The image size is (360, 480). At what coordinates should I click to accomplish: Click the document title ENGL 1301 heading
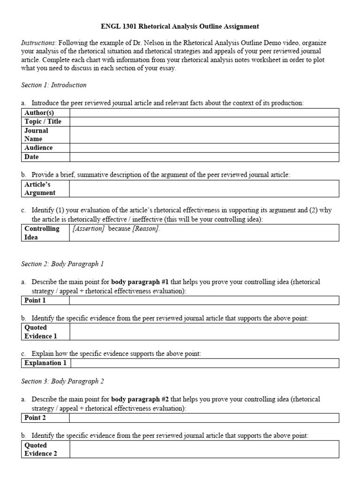coord(180,27)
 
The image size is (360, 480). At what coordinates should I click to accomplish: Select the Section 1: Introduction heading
coord(54,85)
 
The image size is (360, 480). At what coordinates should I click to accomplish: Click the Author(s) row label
coord(39,112)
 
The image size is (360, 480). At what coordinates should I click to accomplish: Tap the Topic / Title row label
coord(43,121)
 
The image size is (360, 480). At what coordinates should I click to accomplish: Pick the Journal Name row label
coord(36,135)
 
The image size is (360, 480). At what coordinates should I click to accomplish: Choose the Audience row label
coord(38,148)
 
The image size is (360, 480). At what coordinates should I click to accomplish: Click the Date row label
coord(31,157)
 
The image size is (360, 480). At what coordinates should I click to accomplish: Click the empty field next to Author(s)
coord(204,112)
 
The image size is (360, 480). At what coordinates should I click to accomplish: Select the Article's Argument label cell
coord(40,188)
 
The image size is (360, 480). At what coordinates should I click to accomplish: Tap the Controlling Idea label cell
coord(42,232)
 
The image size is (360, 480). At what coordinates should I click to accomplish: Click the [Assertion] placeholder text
coord(88,229)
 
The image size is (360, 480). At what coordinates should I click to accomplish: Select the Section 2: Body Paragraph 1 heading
coord(62,264)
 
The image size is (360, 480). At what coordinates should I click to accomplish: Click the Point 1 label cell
coord(35,300)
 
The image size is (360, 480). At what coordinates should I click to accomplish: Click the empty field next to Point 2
coord(204,418)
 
